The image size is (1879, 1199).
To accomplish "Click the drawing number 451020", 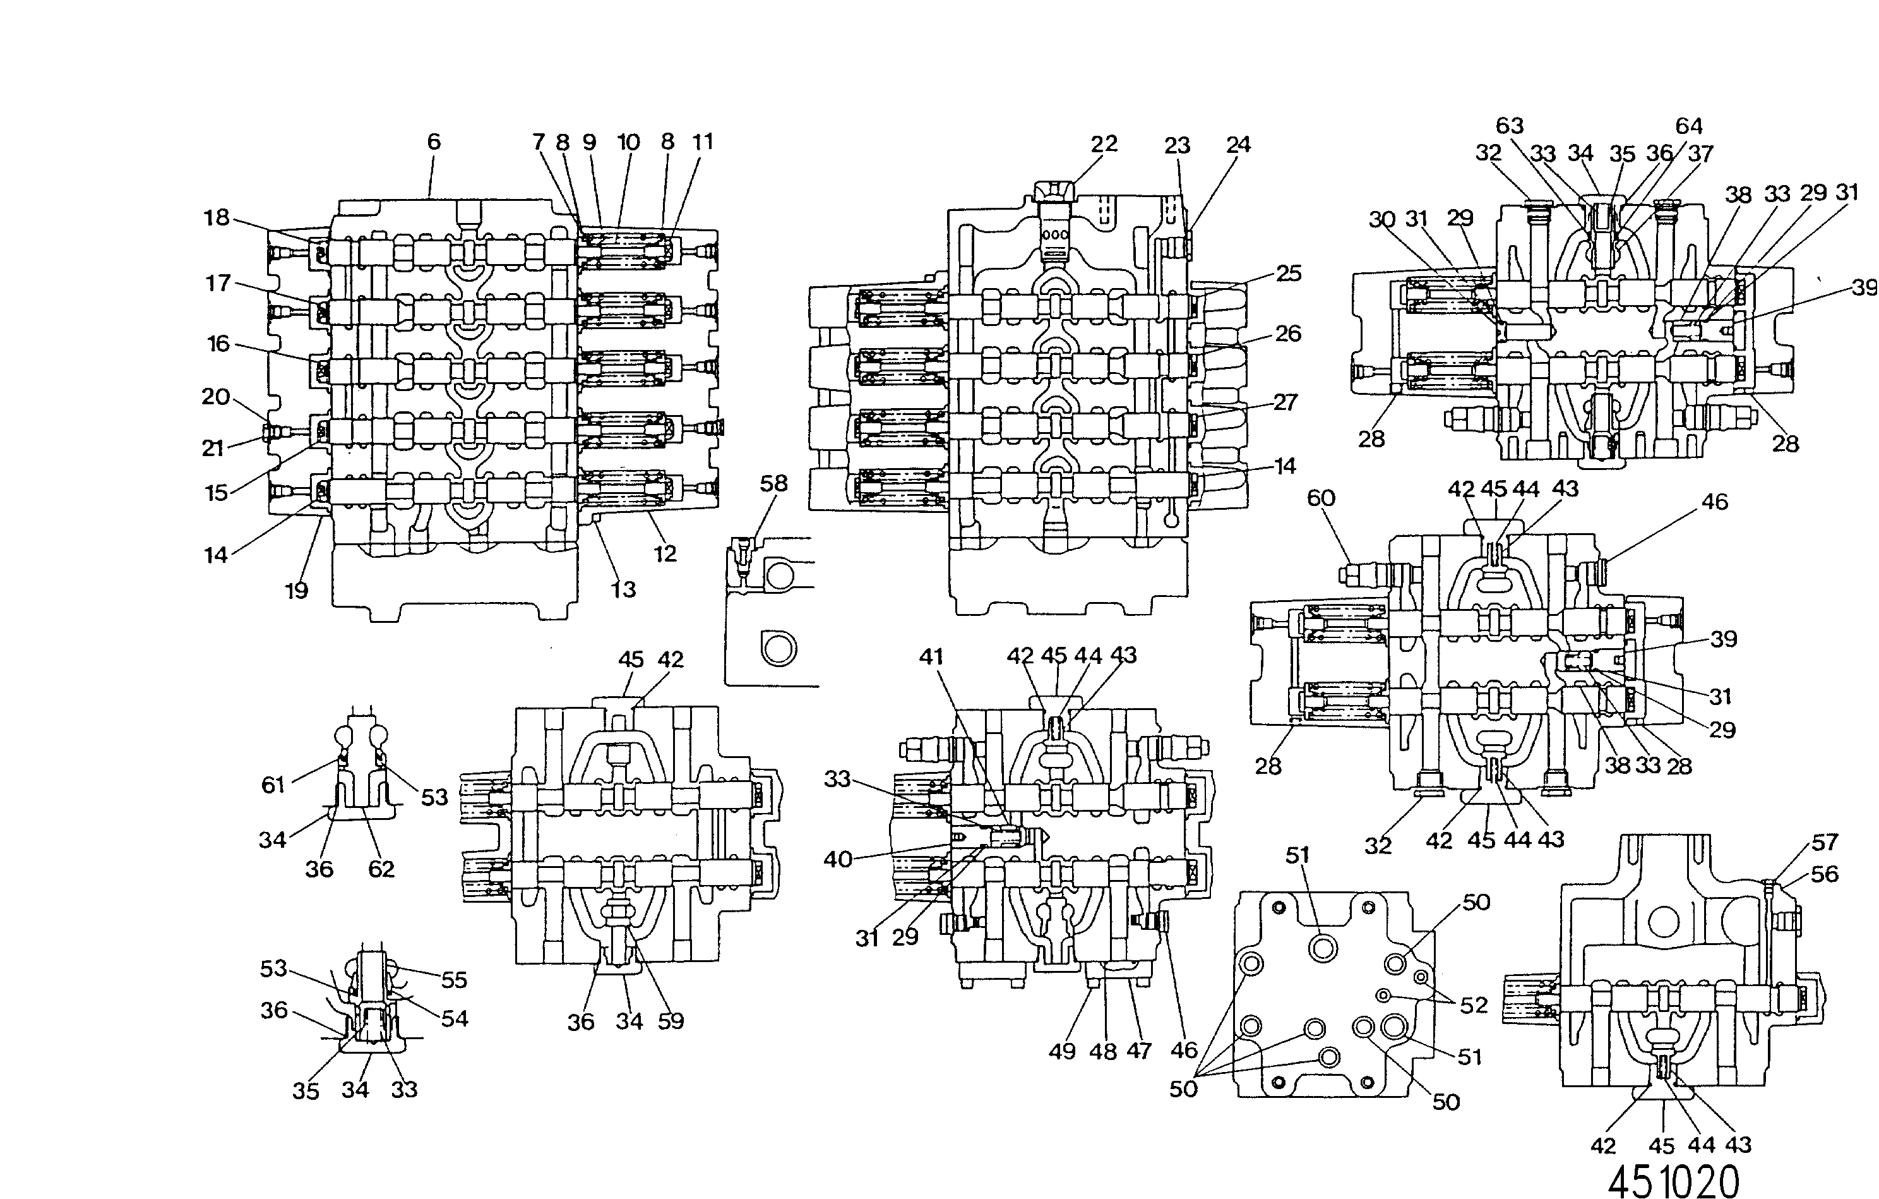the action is pyautogui.click(x=1674, y=1181).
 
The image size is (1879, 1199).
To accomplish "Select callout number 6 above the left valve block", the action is pyautogui.click(x=434, y=142).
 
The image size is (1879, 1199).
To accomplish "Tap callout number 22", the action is pyautogui.click(x=1104, y=143).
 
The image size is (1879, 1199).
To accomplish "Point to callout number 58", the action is pyautogui.click(x=773, y=483).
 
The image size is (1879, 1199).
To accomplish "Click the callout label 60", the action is pyautogui.click(x=1321, y=498).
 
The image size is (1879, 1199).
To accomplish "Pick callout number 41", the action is pyautogui.click(x=931, y=656).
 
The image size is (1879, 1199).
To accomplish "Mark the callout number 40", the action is pyautogui.click(x=838, y=859).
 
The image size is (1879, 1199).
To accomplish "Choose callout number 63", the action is pyautogui.click(x=1510, y=126).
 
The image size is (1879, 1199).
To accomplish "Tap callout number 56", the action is pyautogui.click(x=1824, y=874).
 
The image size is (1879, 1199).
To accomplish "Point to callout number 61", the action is pyautogui.click(x=273, y=785).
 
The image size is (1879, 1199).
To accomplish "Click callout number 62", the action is pyautogui.click(x=381, y=869).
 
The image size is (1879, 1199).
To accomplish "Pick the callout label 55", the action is pyautogui.click(x=454, y=980).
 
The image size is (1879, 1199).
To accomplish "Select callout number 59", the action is pyautogui.click(x=671, y=1021).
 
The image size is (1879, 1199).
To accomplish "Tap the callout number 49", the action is pyautogui.click(x=1062, y=1051).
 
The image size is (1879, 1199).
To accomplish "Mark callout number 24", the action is pyautogui.click(x=1238, y=145).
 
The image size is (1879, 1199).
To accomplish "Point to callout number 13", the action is pyautogui.click(x=623, y=589).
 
